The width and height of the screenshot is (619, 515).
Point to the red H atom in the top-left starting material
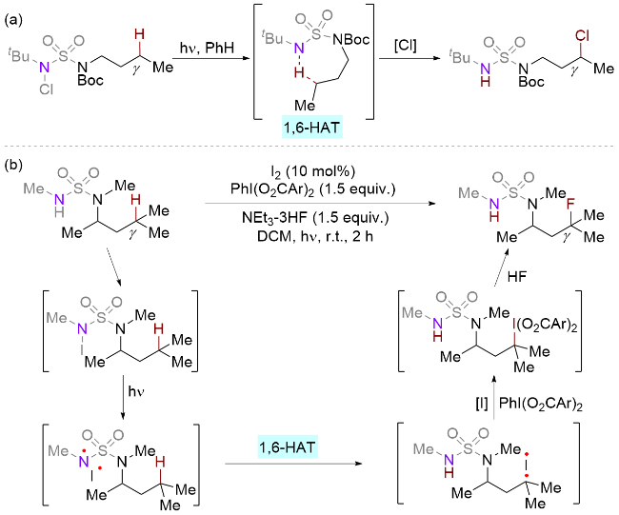pos(139,35)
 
